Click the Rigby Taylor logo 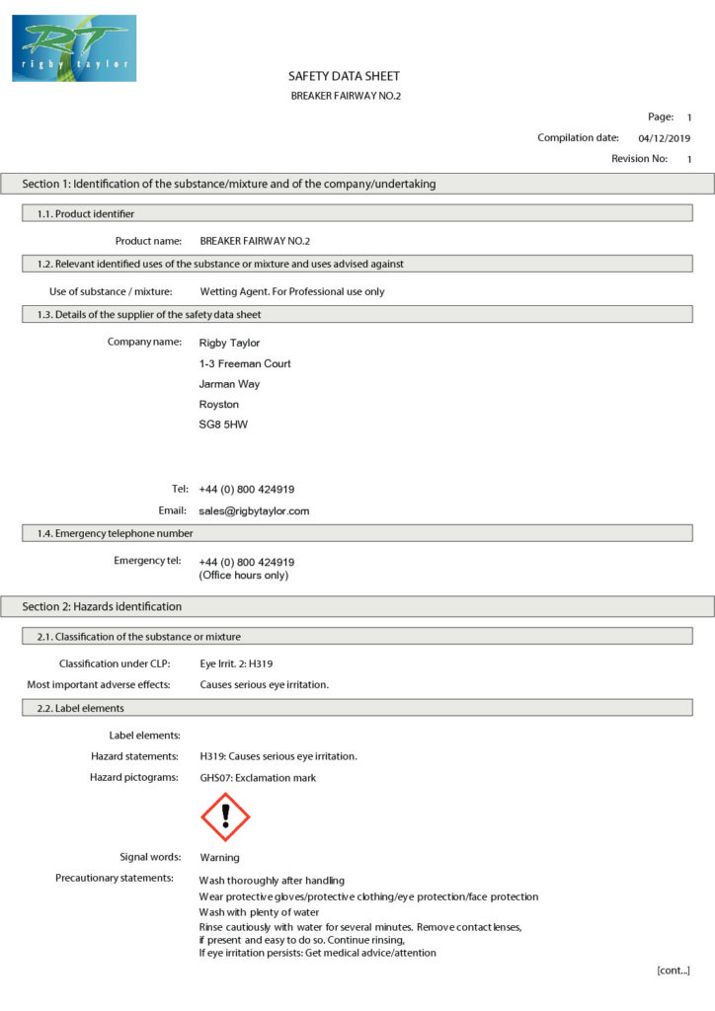[74, 47]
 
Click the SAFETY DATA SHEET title [344, 76]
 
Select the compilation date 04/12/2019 [665, 138]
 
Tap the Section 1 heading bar [229, 184]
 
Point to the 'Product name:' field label [148, 241]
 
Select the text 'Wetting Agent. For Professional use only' [292, 291]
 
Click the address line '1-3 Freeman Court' [245, 363]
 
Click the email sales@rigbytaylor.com [254, 511]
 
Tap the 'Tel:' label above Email [180, 489]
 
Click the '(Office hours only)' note [244, 575]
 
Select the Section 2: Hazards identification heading [102, 606]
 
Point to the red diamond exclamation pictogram [225, 817]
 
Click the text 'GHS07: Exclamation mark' [258, 778]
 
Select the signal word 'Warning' [219, 857]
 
